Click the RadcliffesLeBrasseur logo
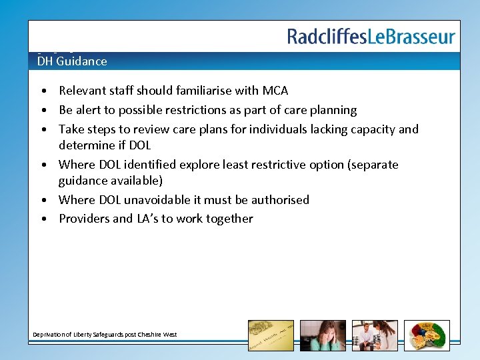371,37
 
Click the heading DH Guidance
72,61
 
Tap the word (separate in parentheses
374,164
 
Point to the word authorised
280,199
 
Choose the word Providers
83,219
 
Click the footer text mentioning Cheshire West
105,334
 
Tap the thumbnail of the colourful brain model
427,335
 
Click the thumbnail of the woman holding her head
323,335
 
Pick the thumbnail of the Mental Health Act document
271,335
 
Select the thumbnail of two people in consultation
375,335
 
